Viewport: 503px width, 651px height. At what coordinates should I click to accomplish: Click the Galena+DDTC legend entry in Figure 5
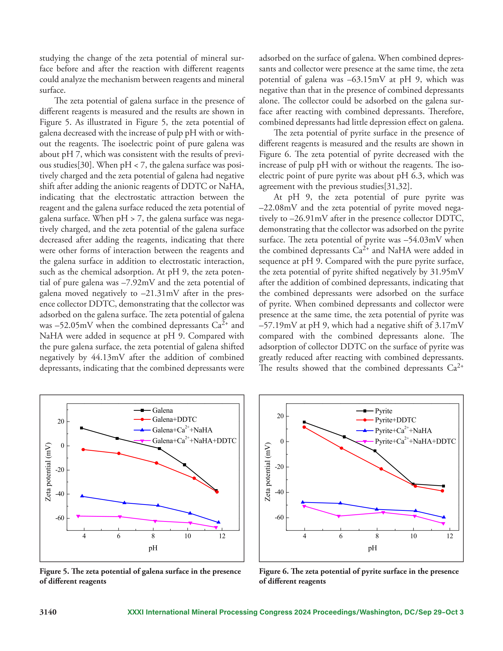tap(165, 420)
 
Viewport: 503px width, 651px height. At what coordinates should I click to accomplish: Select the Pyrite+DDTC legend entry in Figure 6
tap(386, 420)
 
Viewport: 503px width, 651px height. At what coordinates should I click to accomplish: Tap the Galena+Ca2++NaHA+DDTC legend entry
tap(185, 440)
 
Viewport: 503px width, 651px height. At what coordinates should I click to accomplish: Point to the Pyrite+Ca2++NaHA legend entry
tap(394, 430)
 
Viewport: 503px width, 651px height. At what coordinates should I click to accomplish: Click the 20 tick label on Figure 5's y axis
tap(61, 422)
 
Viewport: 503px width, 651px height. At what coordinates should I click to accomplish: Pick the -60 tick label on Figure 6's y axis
tap(279, 517)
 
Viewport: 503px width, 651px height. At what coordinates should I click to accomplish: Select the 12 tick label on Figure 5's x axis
tap(222, 536)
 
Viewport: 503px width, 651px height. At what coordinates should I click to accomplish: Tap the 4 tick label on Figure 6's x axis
tap(305, 536)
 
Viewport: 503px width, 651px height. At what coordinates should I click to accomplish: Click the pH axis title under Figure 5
tap(153, 548)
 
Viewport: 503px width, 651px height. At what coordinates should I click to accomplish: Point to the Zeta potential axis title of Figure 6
tap(268, 472)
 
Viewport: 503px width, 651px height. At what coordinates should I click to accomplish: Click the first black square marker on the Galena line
tap(81, 428)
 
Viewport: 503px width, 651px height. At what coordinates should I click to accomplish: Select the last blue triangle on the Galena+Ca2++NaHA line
tap(219, 522)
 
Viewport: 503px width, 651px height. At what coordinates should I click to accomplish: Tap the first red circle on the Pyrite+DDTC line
tap(304, 427)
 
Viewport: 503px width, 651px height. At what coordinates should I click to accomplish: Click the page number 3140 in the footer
tap(48, 612)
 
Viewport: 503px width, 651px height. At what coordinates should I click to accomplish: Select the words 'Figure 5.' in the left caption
tap(54, 571)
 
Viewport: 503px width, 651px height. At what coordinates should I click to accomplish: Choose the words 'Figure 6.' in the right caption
tap(274, 571)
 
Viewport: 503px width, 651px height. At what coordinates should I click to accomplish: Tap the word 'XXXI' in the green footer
tap(136, 612)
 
